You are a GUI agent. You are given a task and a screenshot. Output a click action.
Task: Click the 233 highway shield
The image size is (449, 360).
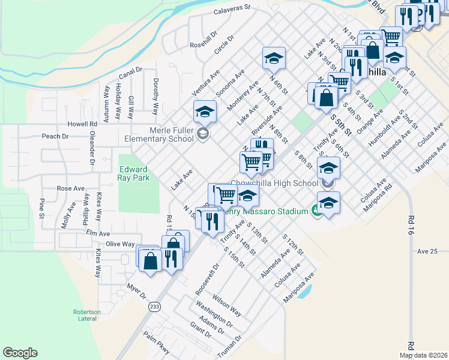[154, 306]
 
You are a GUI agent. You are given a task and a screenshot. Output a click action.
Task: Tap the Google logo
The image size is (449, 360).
[20, 353]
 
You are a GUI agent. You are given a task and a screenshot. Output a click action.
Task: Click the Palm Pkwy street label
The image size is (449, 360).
[158, 346]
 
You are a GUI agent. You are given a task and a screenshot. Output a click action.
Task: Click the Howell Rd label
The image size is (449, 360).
[82, 124]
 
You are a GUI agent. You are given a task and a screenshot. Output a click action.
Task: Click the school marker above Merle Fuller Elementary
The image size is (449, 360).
[204, 111]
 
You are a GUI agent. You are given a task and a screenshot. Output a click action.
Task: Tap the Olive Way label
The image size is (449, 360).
[120, 244]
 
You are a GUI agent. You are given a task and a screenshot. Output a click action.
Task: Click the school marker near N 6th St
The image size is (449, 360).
[274, 58]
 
